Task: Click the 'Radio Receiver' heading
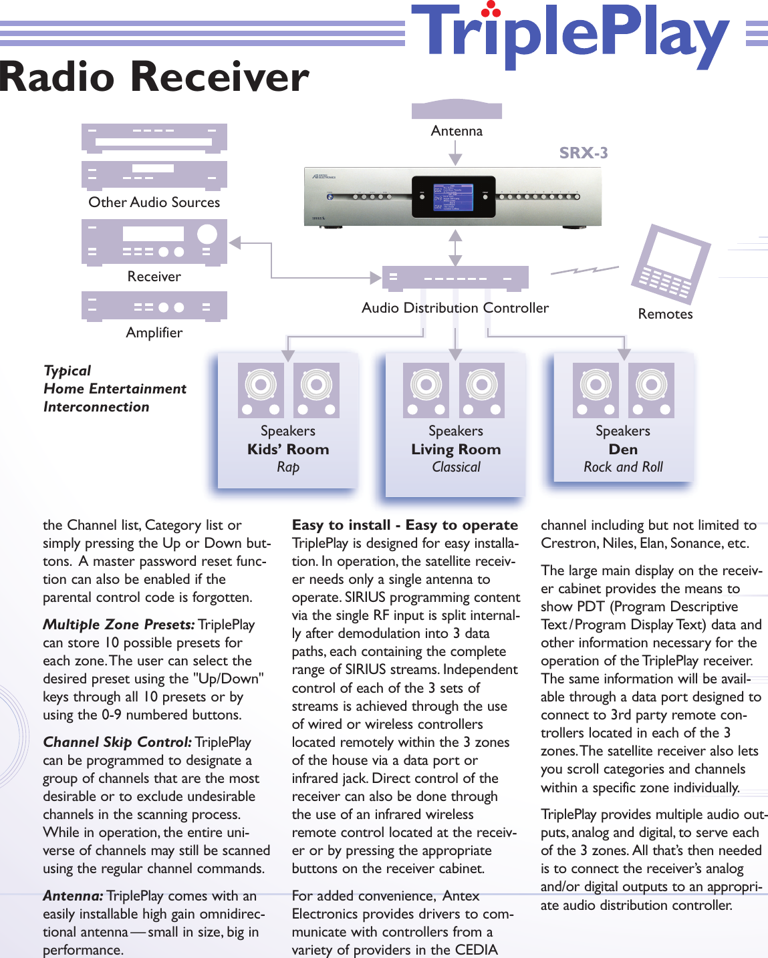point(154,77)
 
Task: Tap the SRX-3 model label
point(584,153)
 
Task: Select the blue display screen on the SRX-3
point(454,197)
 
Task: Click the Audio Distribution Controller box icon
point(455,278)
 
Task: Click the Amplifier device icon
point(154,307)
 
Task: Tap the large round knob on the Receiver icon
point(207,234)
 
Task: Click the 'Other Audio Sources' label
point(154,202)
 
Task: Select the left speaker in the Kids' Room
point(261,390)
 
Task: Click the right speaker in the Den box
point(651,390)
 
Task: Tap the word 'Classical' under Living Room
point(456,467)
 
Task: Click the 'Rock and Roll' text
point(623,467)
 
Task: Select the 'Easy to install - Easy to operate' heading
point(405,525)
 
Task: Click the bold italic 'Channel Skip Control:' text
point(118,742)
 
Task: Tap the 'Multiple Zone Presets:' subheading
point(119,625)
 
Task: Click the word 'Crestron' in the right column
point(568,543)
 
